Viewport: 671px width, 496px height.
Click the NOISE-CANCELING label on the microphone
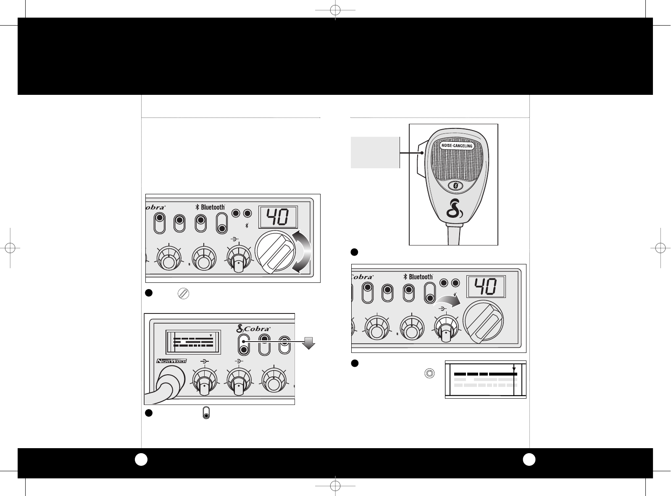pyautogui.click(x=457, y=146)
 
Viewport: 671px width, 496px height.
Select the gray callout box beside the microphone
pyautogui.click(x=375, y=152)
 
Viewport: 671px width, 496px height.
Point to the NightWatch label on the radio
pyautogui.click(x=171, y=360)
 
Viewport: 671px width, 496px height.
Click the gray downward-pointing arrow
pyautogui.click(x=309, y=343)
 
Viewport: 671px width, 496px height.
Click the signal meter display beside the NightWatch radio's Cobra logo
pyautogui.click(x=193, y=340)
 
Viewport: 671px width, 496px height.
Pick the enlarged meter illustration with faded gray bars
pyautogui.click(x=485, y=379)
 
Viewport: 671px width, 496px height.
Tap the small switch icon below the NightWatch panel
pyautogui.click(x=206, y=412)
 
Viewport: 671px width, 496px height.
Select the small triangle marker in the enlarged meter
pyautogui.click(x=513, y=369)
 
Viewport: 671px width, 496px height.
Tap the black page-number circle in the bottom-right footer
pyautogui.click(x=529, y=460)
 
